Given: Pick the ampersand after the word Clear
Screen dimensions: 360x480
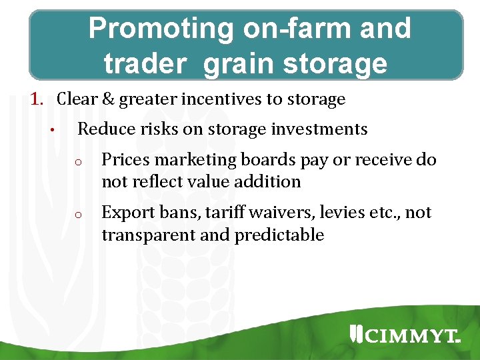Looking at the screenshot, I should point(107,100).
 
